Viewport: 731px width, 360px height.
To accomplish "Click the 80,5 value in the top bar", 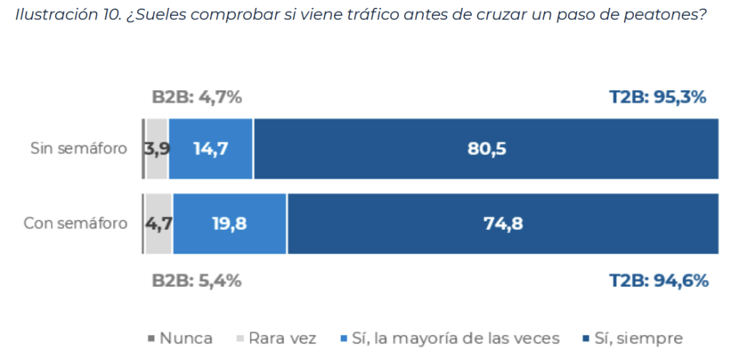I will [x=486, y=149].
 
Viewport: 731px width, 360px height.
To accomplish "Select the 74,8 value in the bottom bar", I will [x=503, y=224].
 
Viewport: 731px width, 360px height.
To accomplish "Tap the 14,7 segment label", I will [x=210, y=149].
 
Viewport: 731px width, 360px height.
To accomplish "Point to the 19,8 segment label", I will [x=229, y=224].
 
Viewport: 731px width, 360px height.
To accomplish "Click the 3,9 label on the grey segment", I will [x=156, y=149].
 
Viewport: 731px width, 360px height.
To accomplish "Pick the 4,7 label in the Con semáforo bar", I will [x=158, y=224].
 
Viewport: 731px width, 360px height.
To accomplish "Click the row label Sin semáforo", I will [x=79, y=149].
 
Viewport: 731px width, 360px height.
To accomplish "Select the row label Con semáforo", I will [x=76, y=224].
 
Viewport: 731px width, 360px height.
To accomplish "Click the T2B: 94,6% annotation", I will [x=658, y=281].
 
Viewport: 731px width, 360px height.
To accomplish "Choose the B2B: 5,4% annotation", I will [x=197, y=281].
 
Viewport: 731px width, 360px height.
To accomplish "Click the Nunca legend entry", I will [x=181, y=338].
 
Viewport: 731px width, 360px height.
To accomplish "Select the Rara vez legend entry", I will [x=276, y=338].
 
